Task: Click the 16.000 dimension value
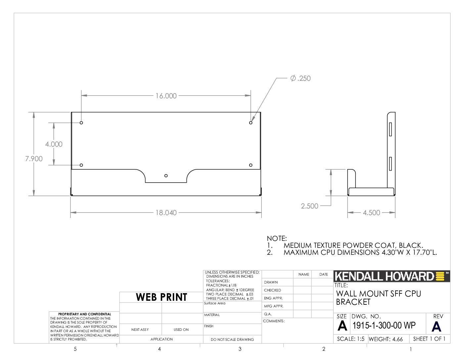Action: pos(166,96)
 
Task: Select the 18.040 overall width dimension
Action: pos(166,213)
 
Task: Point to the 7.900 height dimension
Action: pos(34,159)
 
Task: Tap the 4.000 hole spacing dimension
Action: pos(54,144)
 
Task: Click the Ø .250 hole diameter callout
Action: pos(300,78)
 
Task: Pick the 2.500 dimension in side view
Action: pos(309,206)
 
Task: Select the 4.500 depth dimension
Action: pos(371,213)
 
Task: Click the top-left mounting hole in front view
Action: pos(81,123)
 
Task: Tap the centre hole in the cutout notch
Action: pos(166,176)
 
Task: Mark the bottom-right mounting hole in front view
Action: pos(251,165)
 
